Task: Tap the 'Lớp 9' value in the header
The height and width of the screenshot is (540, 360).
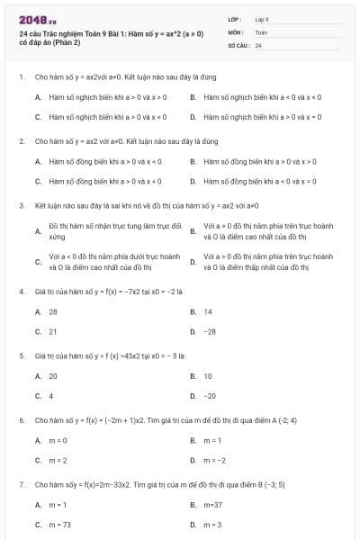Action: click(262, 19)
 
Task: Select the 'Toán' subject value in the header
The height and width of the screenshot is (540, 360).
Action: click(261, 31)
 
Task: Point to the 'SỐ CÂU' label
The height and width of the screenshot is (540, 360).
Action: click(238, 44)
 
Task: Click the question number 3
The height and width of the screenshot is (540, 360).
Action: click(21, 205)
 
